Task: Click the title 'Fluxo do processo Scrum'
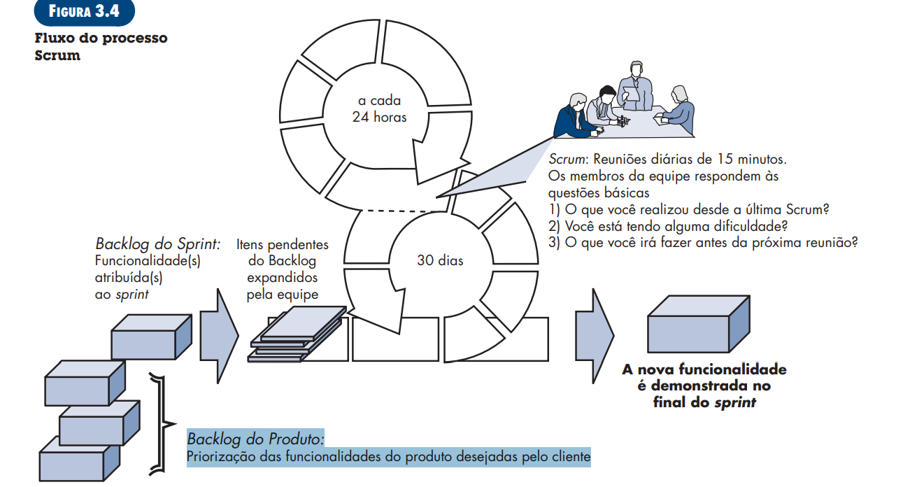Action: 101,46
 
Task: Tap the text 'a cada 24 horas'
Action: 379,109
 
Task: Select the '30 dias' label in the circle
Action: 440,260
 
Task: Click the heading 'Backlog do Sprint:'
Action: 158,244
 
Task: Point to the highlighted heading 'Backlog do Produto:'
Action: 255,439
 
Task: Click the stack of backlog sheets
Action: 298,334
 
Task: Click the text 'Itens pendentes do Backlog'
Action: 282,253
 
